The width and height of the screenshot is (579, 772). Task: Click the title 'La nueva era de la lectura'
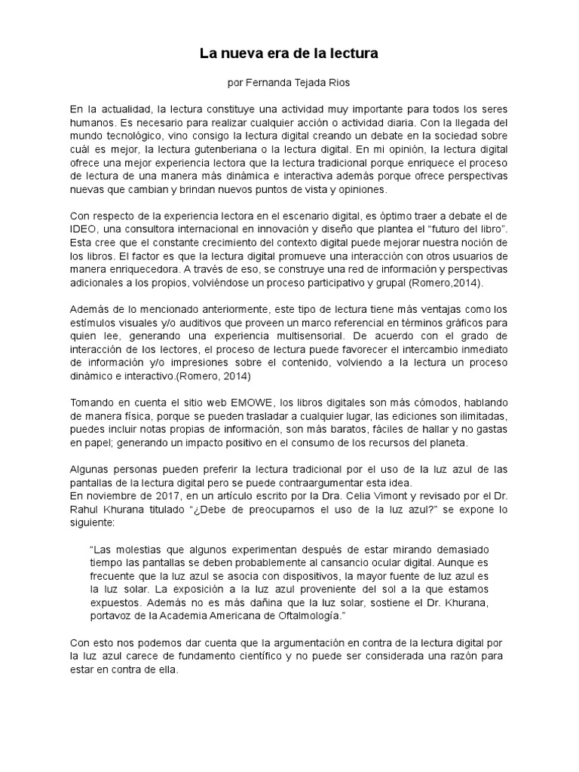click(x=289, y=54)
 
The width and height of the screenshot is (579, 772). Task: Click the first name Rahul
click(x=85, y=510)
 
